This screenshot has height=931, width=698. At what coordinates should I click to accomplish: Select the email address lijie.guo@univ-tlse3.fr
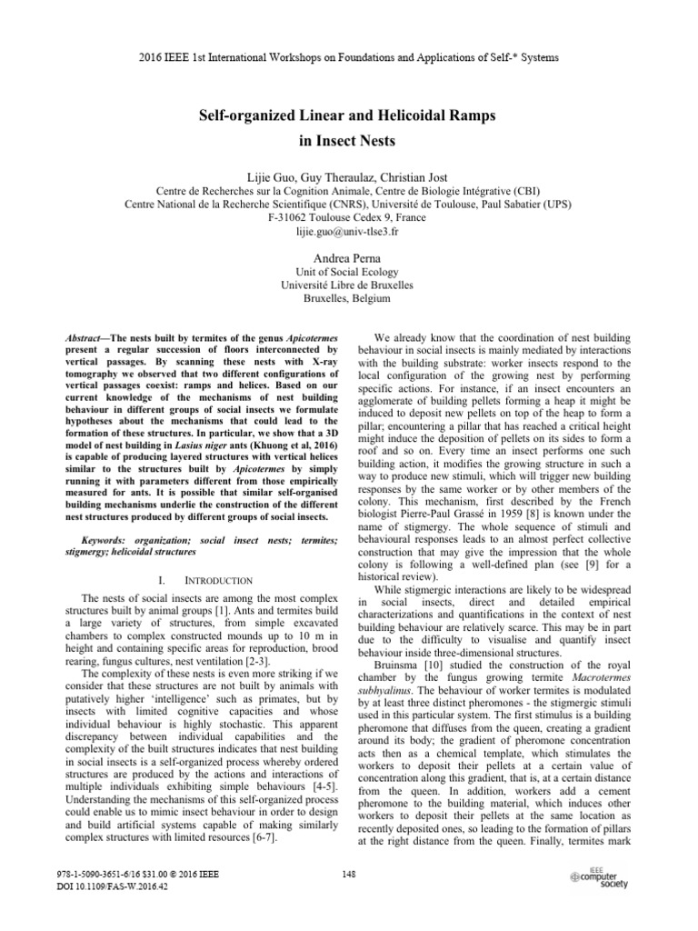click(349, 233)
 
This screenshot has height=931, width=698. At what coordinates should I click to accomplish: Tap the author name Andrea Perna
click(349, 258)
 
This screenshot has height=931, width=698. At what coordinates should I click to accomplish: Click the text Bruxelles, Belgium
click(349, 297)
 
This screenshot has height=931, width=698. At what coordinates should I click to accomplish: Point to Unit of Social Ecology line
click(349, 272)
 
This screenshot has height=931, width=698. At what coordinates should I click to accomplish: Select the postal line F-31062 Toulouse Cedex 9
click(349, 219)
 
